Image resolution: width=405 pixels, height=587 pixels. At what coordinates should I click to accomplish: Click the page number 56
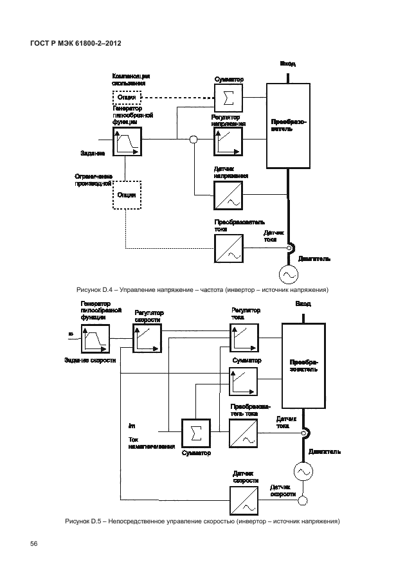coord(34,544)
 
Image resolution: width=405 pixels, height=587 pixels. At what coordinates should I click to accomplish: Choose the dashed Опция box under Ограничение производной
coord(126,194)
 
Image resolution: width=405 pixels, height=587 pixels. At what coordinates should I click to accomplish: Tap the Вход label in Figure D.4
coord(287,64)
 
